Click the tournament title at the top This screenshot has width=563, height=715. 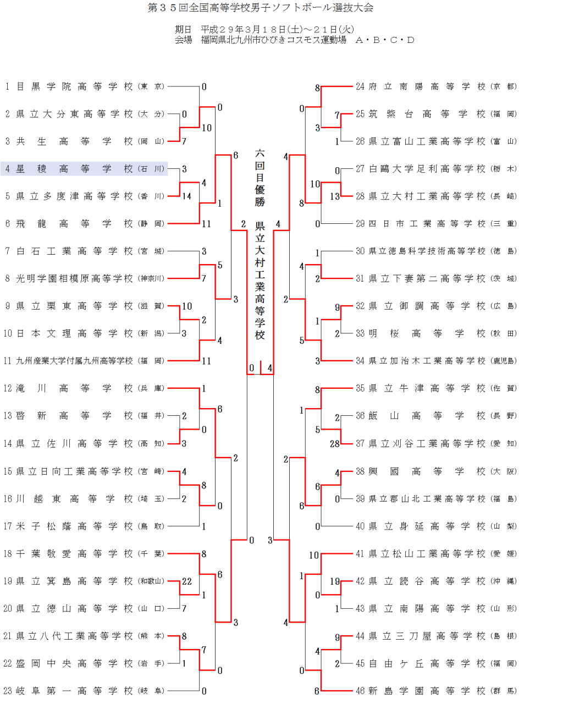pyautogui.click(x=260, y=8)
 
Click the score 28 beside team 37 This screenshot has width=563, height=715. pyautogui.click(x=334, y=444)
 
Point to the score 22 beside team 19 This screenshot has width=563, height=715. pyautogui.click(x=187, y=581)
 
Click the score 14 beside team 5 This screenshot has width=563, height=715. pyautogui.click(x=187, y=196)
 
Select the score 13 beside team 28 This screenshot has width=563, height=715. pyautogui.click(x=334, y=196)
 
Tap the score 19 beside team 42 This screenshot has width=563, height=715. pyautogui.click(x=334, y=581)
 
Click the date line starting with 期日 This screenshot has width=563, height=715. pyautogui.click(x=264, y=30)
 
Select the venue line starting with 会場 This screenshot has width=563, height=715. pyautogui.click(x=294, y=40)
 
